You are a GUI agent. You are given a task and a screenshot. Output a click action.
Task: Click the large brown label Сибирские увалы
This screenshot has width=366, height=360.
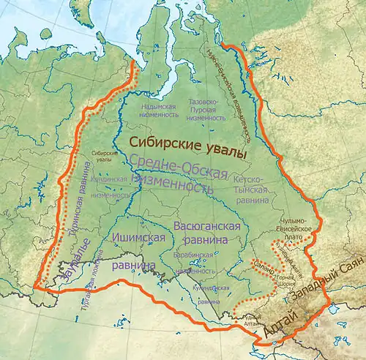[186, 146]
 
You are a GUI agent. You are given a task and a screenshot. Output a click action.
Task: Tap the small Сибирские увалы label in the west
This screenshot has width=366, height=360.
[104, 157]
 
